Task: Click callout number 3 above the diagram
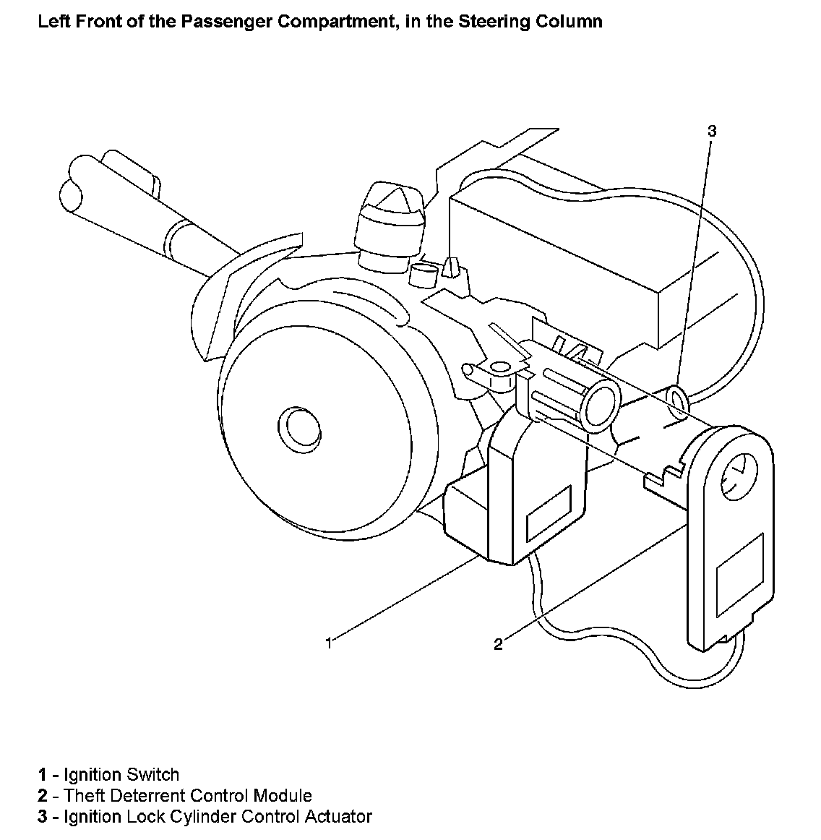pos(712,131)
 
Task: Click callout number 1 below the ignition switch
pos(329,642)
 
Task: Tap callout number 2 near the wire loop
pos(498,644)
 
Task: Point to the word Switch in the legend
pos(152,775)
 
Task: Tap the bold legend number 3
pos(42,817)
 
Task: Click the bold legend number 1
pos(42,775)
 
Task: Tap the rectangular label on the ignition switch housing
pos(549,513)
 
